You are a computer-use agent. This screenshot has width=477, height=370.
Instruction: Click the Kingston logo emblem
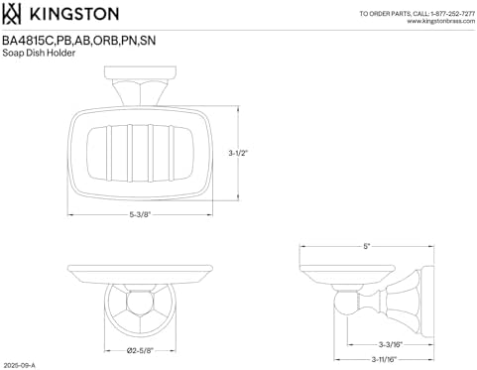[12, 14]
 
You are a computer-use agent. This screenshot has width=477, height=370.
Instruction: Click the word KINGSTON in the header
[74, 14]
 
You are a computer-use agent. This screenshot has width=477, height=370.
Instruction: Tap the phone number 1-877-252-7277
[453, 14]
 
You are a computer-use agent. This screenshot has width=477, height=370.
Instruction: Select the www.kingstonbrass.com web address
[441, 21]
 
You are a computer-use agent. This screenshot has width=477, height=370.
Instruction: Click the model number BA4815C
[28, 41]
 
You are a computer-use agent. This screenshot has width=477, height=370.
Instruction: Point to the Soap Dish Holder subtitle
[39, 53]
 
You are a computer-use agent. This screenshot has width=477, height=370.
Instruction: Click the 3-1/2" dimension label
[238, 153]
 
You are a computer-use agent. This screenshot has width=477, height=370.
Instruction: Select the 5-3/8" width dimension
[140, 214]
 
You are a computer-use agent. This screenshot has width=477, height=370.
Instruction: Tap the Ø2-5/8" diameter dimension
[140, 350]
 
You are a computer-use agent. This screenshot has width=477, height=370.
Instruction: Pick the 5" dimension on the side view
[366, 246]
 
